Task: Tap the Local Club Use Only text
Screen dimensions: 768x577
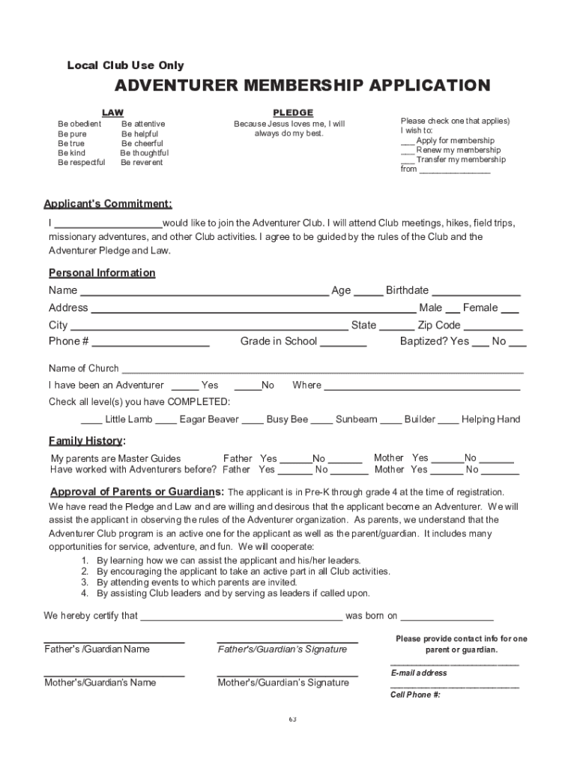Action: tap(125, 65)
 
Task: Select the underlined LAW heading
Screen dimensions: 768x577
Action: tap(112, 112)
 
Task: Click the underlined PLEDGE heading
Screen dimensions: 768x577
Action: tap(293, 112)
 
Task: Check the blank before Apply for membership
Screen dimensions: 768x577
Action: tap(407, 142)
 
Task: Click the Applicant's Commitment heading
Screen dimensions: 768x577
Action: tap(107, 204)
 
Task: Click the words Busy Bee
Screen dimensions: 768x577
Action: tap(287, 419)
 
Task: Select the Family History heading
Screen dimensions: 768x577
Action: tap(86, 440)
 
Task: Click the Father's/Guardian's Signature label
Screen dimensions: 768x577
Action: tap(283, 649)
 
